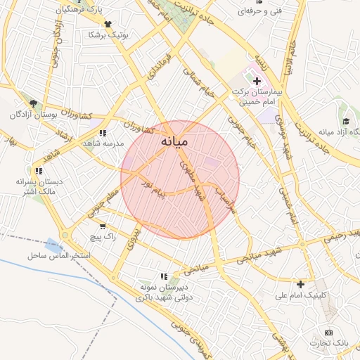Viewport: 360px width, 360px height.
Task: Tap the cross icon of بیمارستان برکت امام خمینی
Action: click(256, 82)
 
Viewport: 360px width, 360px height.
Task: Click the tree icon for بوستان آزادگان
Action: click(33, 103)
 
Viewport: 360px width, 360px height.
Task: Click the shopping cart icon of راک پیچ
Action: click(103, 226)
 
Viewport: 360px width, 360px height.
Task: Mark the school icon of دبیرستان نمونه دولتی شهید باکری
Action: click(164, 276)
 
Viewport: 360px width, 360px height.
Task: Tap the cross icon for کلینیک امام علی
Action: click(301, 284)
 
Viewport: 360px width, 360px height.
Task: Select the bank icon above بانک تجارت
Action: click(328, 332)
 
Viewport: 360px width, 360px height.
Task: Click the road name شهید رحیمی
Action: click(344, 233)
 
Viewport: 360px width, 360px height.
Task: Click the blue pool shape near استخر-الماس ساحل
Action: click(53, 246)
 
